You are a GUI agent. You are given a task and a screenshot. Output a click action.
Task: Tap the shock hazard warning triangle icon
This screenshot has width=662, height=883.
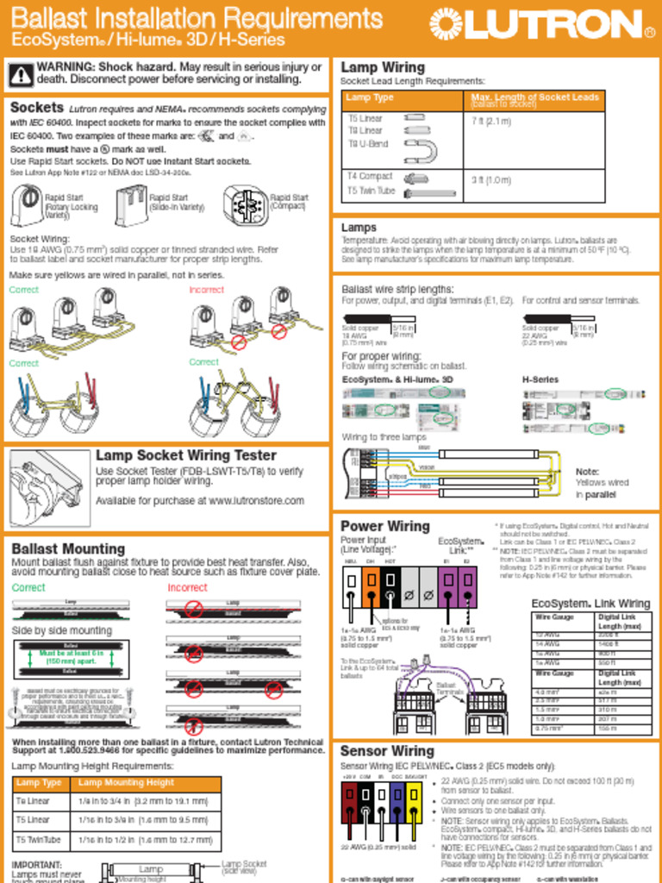(21, 75)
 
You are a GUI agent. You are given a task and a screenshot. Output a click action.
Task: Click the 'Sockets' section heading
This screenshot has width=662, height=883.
(36, 108)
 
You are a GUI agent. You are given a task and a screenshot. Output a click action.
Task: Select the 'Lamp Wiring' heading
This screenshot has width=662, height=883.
(383, 67)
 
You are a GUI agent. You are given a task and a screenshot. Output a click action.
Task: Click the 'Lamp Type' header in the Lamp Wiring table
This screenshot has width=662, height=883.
(370, 97)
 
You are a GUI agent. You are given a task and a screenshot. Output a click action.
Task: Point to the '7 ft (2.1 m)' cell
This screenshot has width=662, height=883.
(491, 122)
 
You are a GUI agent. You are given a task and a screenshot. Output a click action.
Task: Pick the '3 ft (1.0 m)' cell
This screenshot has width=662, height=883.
(491, 180)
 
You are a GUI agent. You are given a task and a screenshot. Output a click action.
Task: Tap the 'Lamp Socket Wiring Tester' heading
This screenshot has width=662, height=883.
(186, 455)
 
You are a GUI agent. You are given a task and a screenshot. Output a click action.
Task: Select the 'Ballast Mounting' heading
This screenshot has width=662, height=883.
(68, 549)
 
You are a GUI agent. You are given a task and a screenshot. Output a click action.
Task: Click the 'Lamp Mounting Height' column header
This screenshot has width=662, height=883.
(126, 783)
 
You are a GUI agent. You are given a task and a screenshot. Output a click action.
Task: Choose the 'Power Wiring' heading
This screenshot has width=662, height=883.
(384, 526)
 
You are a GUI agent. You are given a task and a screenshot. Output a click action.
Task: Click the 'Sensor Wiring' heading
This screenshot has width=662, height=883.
(386, 751)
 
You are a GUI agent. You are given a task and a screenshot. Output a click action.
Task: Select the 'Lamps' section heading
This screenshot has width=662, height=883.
(359, 228)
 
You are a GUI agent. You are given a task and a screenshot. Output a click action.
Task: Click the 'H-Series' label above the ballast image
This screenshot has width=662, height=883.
(540, 379)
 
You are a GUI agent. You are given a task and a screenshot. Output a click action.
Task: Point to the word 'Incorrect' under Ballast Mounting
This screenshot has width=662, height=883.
(187, 587)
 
